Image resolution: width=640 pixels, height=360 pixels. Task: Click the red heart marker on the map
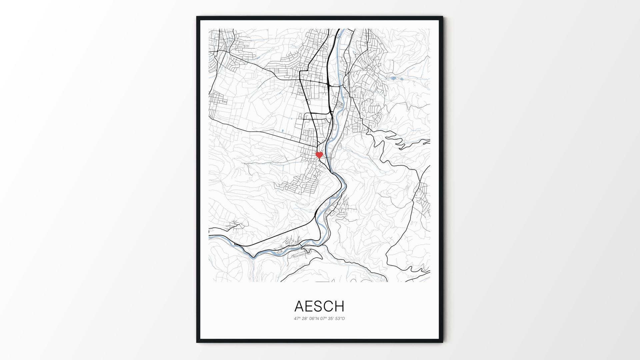[x=319, y=155]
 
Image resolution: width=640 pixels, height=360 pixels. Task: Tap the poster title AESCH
[x=319, y=306]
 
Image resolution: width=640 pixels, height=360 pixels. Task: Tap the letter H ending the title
[x=339, y=306]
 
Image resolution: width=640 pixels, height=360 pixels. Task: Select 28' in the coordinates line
[x=305, y=319]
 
